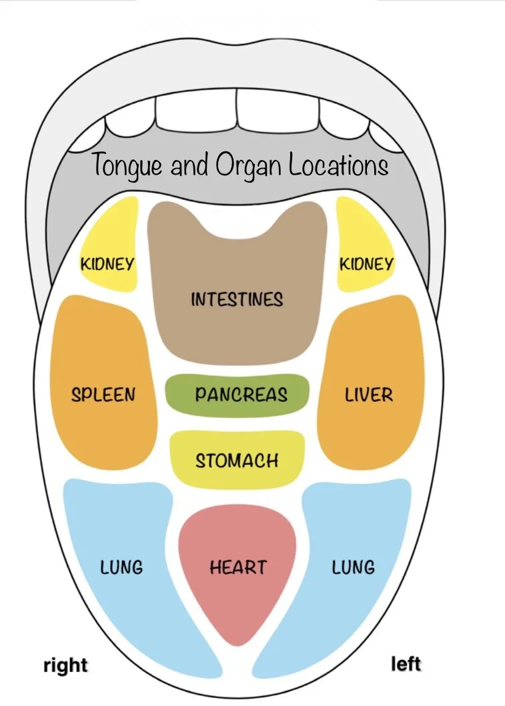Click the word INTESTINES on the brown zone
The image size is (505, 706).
coord(237,299)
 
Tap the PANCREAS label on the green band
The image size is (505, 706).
coord(241,394)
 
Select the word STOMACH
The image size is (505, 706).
coord(237,460)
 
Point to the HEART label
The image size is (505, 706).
coord(237,567)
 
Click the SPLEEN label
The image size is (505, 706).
coord(103,394)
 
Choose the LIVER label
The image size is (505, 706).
coord(369,394)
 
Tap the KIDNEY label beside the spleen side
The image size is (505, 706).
coord(107,263)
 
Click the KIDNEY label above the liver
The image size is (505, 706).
coord(366,263)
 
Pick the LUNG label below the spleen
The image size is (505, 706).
coord(121,567)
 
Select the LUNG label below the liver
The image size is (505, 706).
coord(353,567)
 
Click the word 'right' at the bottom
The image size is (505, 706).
coord(65,665)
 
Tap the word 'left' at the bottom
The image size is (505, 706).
coord(406,664)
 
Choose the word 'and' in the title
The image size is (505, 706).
coord(189,165)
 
